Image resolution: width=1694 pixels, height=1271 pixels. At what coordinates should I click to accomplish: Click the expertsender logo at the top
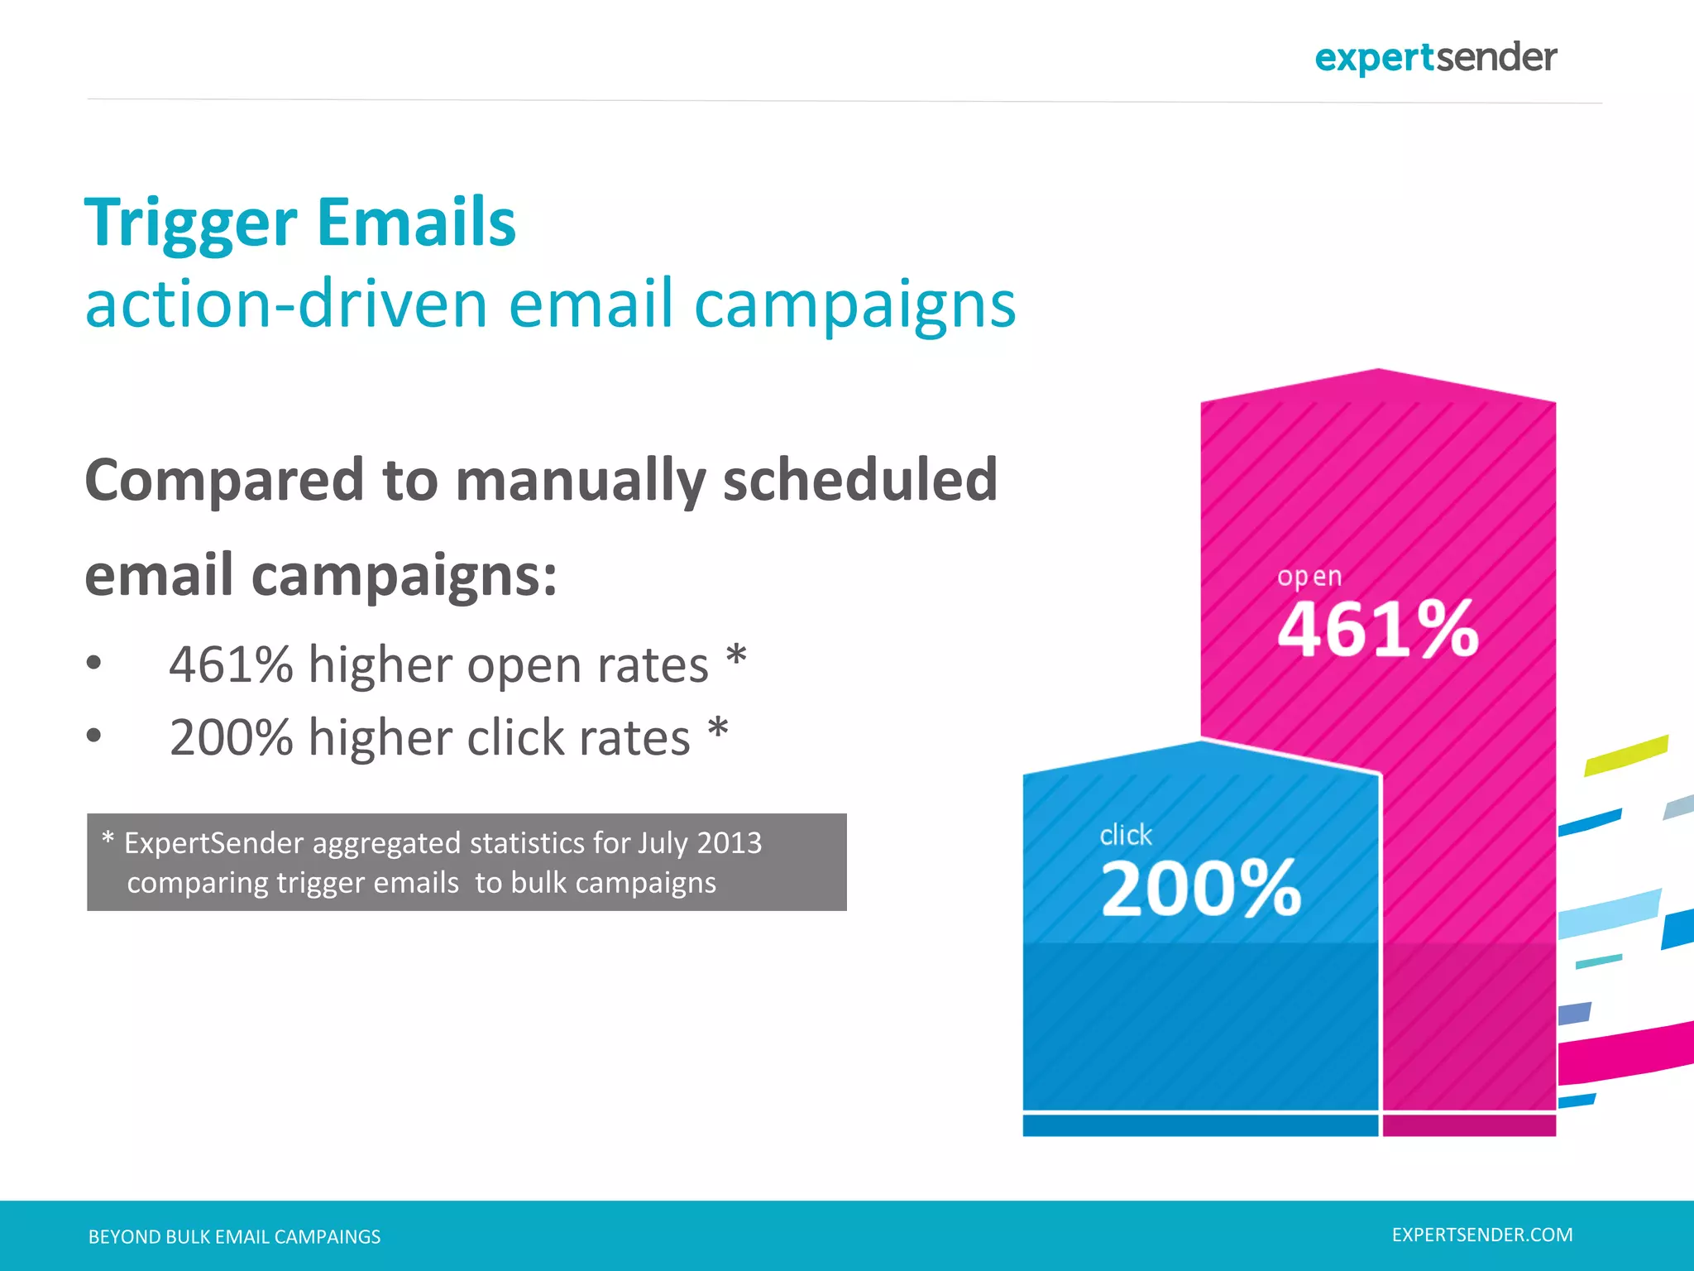(1435, 58)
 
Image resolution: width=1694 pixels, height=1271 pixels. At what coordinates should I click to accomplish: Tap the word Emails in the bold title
(416, 223)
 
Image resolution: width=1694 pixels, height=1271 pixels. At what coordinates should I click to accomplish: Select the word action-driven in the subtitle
(286, 305)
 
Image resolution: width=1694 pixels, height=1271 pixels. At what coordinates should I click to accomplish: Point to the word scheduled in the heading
(860, 480)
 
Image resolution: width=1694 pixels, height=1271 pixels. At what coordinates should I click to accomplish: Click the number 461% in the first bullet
(231, 664)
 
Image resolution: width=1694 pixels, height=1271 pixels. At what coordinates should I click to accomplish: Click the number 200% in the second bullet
(231, 737)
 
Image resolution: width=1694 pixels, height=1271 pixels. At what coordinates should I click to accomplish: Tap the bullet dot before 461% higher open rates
(94, 663)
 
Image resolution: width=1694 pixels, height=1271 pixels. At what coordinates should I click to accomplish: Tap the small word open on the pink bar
(1309, 576)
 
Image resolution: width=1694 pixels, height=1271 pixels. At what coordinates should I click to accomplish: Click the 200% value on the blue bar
(1201, 889)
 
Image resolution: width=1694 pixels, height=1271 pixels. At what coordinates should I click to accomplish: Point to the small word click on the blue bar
(1126, 835)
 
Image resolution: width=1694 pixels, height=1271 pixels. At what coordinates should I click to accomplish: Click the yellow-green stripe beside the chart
(1626, 755)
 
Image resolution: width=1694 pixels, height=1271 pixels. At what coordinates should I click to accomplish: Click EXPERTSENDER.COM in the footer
(1482, 1235)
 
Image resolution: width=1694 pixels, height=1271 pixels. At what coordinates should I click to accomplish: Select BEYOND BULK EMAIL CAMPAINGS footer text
(234, 1237)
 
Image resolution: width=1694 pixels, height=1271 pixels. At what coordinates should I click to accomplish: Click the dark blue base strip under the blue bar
(1199, 1125)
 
